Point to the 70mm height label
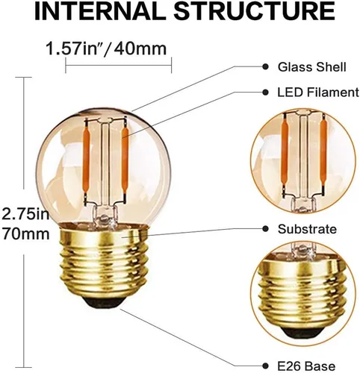point(24,234)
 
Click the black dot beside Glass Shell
point(266,67)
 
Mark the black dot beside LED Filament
point(266,93)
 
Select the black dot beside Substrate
point(266,229)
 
